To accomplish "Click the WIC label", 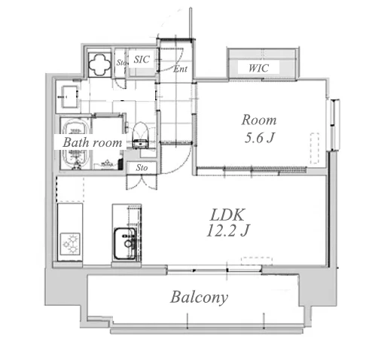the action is [258, 68].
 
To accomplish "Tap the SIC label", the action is [142, 59].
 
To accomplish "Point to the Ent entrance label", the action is [180, 69].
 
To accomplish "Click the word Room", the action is [259, 120].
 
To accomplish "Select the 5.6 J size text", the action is [259, 137].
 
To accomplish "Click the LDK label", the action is [227, 215].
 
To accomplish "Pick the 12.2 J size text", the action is [227, 230].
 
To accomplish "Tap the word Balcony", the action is [200, 297].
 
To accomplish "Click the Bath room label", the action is [93, 142].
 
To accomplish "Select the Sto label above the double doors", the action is [142, 167].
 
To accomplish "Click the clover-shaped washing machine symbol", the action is [99, 64].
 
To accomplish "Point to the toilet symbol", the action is [141, 136].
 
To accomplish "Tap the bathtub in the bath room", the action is [75, 144].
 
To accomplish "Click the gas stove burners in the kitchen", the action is [71, 243].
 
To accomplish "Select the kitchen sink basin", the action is [125, 243].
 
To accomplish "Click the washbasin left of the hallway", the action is [69, 96].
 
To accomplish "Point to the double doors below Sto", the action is [142, 182].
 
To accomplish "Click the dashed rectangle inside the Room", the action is [315, 148].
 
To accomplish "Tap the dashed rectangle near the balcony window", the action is [257, 261].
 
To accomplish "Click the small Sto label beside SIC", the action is [121, 63].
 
